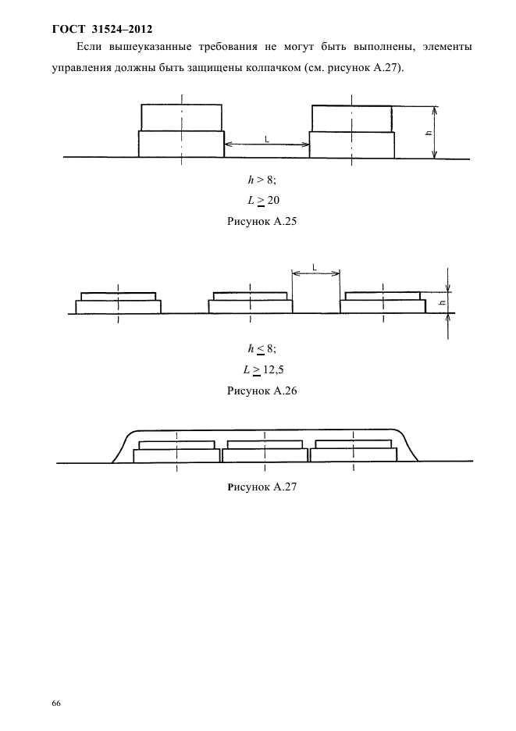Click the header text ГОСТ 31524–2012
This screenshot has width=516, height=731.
[102, 30]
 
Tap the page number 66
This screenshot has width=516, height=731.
[56, 690]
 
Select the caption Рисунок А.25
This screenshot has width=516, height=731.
[262, 221]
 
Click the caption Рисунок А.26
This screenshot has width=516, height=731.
[262, 390]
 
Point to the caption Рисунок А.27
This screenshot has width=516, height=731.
[262, 487]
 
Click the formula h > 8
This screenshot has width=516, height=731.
[262, 180]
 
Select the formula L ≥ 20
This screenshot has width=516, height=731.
[263, 201]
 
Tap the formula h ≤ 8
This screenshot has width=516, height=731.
[262, 349]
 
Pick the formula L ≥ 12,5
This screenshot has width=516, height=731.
[263, 370]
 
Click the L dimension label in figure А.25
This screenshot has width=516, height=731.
[266, 139]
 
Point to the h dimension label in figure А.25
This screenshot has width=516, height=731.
[429, 133]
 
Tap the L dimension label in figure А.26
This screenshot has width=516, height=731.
[314, 268]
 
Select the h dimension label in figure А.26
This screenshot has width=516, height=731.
[443, 302]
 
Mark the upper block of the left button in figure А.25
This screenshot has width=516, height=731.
[181, 117]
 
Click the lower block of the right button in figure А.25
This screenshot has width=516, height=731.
[352, 145]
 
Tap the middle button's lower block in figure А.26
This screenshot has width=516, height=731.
[251, 307]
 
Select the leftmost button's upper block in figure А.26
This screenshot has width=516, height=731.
[119, 297]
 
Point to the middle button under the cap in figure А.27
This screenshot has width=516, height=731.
[265, 451]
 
